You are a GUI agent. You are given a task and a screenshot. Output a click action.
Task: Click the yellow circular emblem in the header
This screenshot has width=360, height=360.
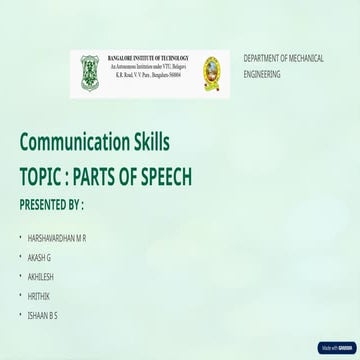coord(210,71)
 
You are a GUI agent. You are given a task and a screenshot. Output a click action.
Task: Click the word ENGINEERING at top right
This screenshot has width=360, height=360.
coord(263,75)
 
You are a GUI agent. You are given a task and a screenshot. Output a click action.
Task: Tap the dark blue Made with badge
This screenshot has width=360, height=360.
coord(335,349)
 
